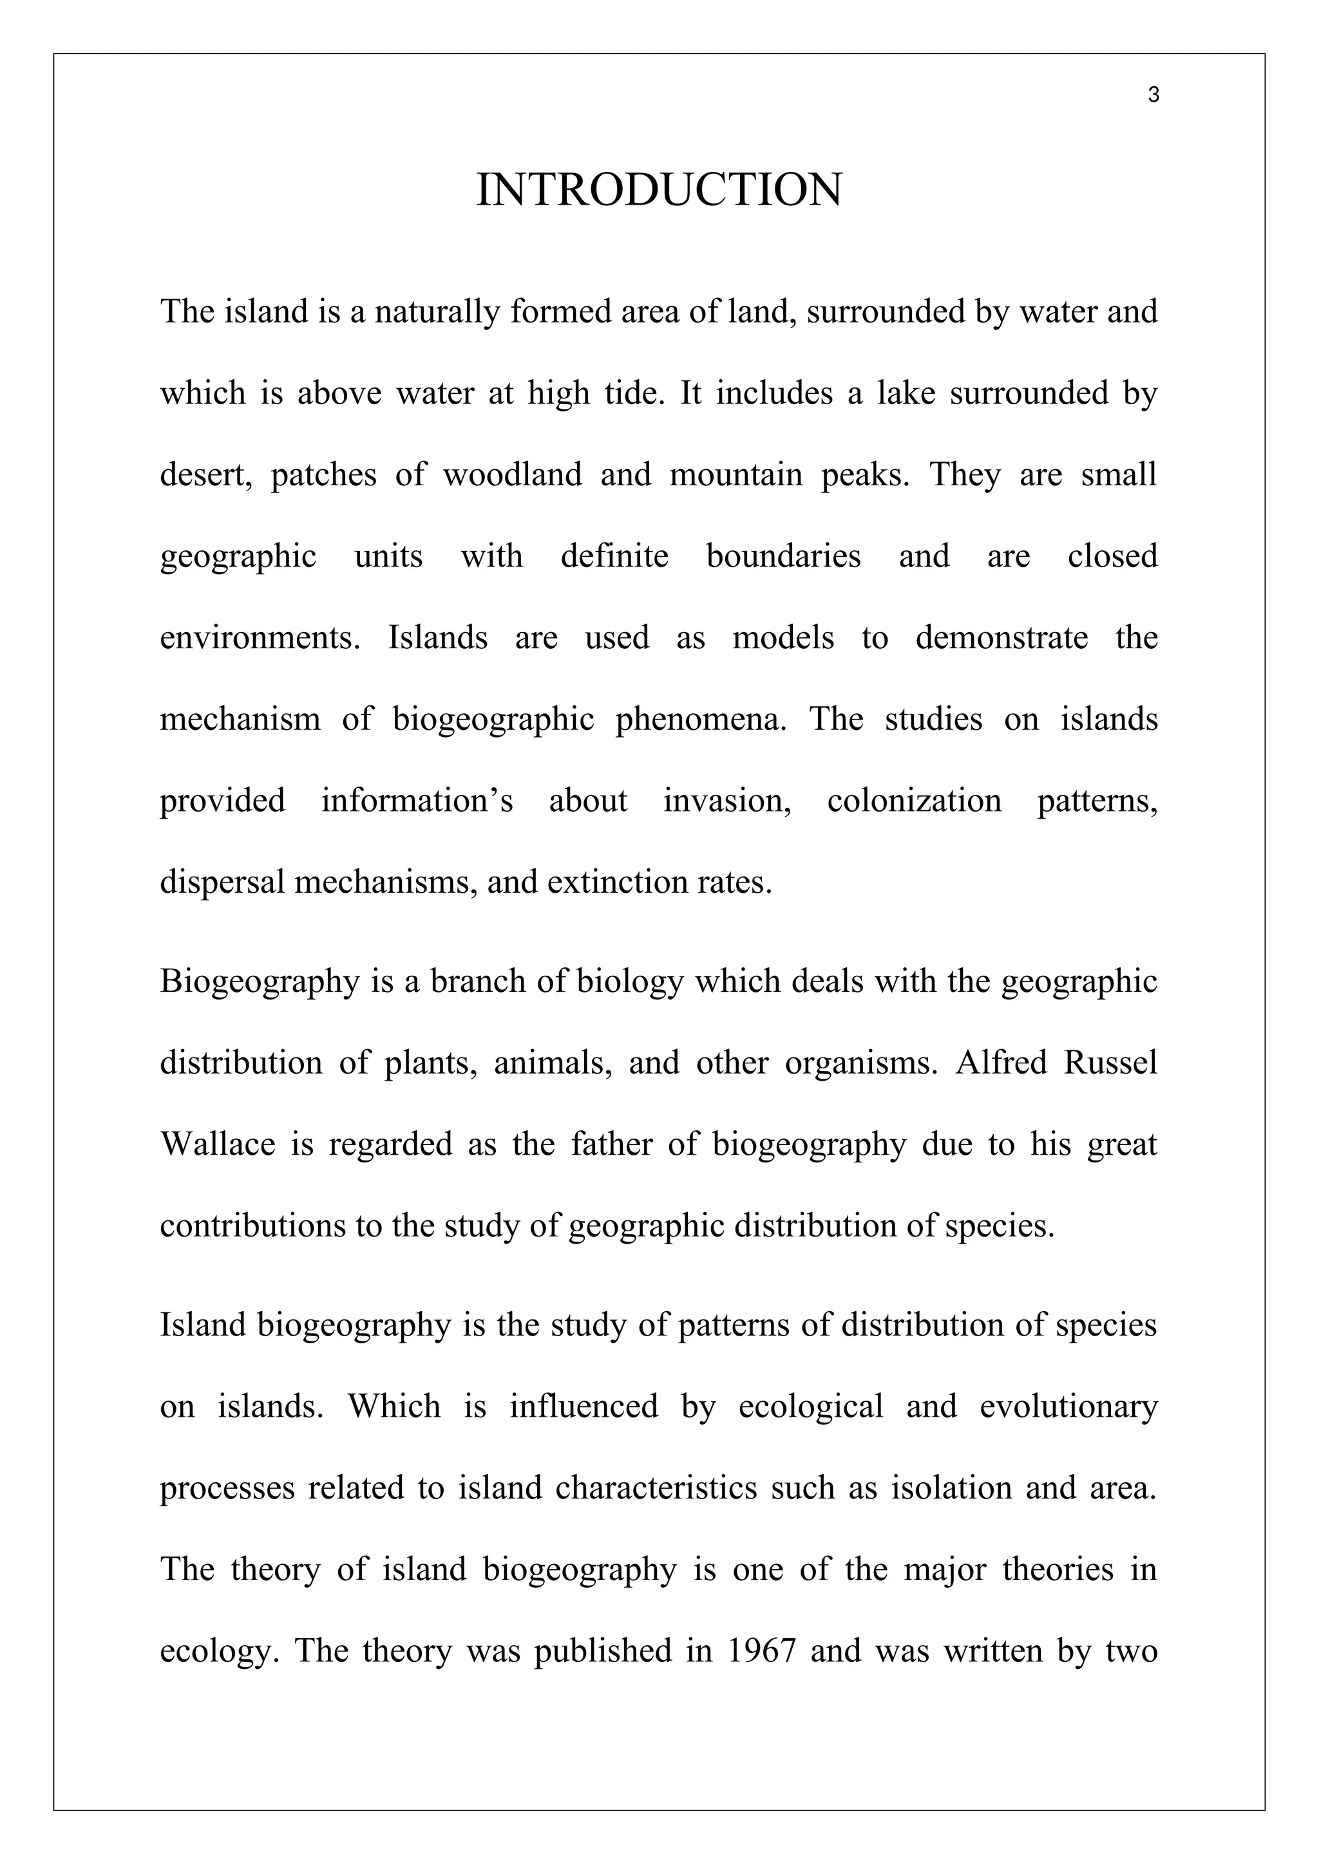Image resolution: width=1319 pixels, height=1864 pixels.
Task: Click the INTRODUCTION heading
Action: coord(659,190)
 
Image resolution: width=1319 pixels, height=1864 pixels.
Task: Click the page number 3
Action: coord(1153,96)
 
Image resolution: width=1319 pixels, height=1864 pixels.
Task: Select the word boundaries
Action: coord(783,557)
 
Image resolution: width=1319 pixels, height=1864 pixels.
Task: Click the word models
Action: coord(783,638)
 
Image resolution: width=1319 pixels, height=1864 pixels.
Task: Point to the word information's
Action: coord(417,801)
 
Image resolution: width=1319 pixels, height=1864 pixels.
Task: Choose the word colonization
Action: coord(914,801)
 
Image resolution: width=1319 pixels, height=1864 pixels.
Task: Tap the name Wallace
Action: coord(218,1144)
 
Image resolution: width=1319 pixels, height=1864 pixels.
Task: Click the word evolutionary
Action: coord(1068,1407)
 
